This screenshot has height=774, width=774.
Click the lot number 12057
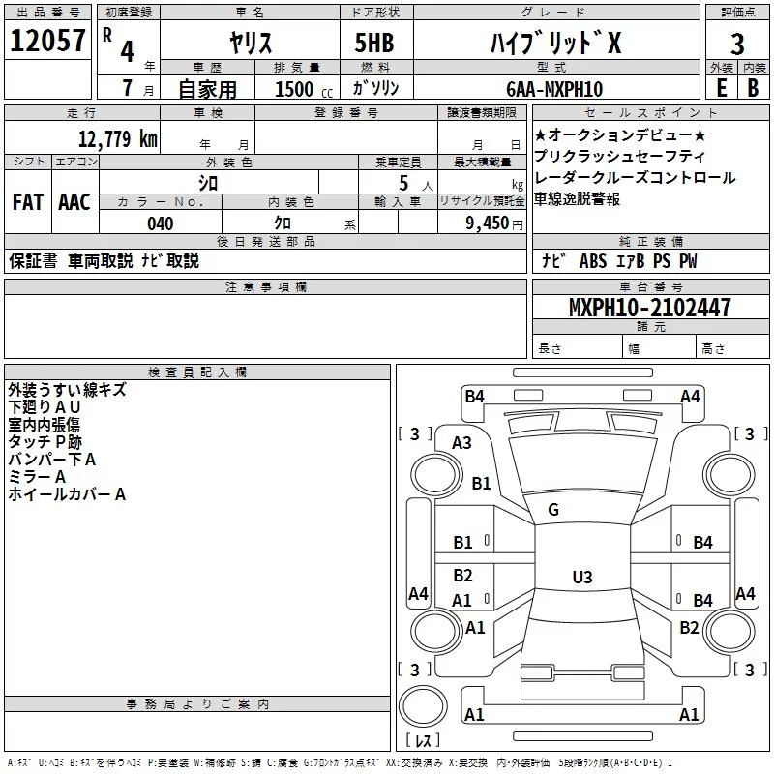49,41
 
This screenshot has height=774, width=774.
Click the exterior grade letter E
721,87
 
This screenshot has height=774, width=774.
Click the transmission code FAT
27,202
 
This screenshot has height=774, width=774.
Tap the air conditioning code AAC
74,202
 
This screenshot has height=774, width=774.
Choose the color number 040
161,223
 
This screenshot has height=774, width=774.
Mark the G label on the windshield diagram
553,509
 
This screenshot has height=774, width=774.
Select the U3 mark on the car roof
581,577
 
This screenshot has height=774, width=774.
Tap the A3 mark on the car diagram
462,442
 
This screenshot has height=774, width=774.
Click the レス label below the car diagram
422,742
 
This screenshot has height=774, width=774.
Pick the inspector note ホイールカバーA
67,494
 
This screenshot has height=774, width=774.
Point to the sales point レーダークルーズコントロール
635,178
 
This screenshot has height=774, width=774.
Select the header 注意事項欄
266,287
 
